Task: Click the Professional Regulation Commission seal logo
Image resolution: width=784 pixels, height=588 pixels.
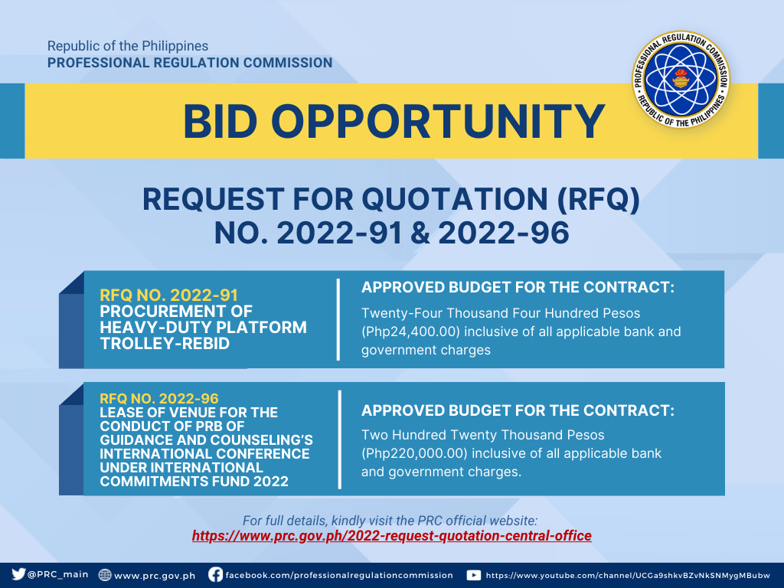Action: (x=681, y=79)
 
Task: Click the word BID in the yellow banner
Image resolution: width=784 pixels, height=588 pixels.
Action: (x=220, y=122)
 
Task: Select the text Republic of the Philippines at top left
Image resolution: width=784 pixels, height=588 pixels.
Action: (x=128, y=46)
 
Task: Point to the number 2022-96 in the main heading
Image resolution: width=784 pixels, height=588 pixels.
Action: (x=504, y=233)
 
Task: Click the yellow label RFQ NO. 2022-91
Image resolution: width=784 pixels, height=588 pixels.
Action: (x=168, y=295)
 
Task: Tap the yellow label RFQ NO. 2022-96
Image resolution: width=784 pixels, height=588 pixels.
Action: (x=159, y=398)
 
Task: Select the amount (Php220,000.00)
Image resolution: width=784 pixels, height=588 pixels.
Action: (x=414, y=453)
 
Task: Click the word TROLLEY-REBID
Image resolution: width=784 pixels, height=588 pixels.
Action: (x=165, y=344)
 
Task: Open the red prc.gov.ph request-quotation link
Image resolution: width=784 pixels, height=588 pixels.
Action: (x=391, y=536)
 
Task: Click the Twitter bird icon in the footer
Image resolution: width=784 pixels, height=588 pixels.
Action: (x=18, y=574)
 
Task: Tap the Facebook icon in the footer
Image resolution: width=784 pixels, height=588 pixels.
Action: (x=215, y=574)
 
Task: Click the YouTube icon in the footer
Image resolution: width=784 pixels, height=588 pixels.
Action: (x=473, y=575)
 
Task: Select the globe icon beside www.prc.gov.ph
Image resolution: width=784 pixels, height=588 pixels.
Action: (x=105, y=575)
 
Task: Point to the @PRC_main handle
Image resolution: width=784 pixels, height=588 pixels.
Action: (x=58, y=574)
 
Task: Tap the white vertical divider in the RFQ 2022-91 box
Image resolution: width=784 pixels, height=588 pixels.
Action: (x=338, y=319)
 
